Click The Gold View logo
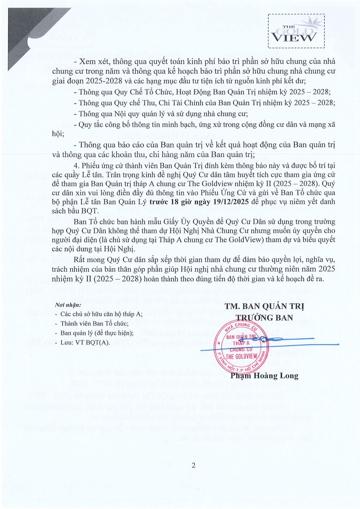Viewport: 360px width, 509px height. pos(296,32)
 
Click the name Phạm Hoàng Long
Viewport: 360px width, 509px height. pos(264,376)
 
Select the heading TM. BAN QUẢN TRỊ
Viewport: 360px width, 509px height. pos(264,306)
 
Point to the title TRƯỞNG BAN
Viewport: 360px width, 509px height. pos(264,317)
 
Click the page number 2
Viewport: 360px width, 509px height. pos(194,465)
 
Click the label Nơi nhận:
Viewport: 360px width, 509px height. pos(66,305)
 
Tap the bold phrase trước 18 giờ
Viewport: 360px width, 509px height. pos(169,202)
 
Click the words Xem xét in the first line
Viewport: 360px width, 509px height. pos(91,62)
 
